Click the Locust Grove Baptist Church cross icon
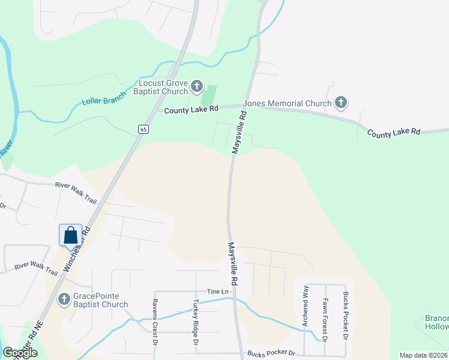pos(197,88)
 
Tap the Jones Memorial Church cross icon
pos(341,103)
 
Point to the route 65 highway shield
pos(142,129)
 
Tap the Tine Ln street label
pos(218,291)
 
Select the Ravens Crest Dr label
pos(154,322)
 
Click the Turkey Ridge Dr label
pos(196,322)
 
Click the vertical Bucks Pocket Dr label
pos(346,316)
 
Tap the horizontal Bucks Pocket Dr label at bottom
pos(271,353)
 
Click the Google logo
pos(20,353)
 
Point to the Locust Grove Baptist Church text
pos(163,88)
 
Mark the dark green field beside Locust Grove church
pos(208,95)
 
